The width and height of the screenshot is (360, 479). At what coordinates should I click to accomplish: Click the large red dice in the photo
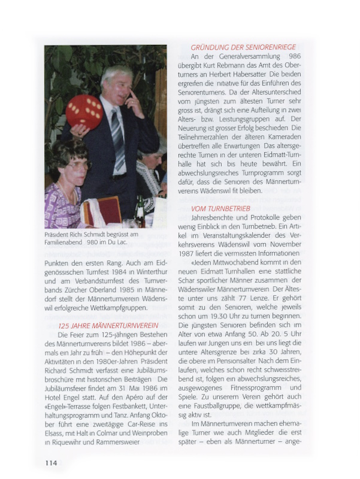point(85,111)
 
